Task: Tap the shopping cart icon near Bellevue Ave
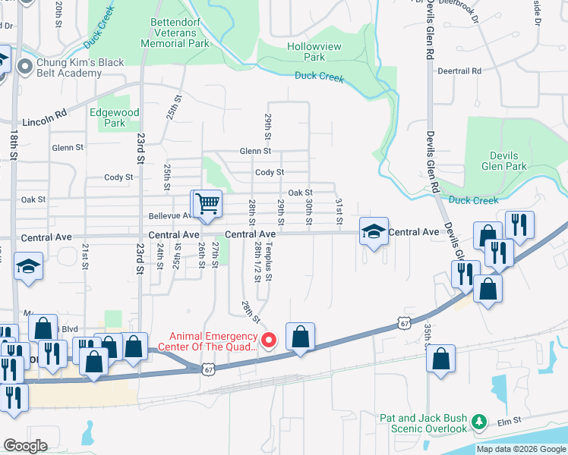point(207,203)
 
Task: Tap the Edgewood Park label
point(114,118)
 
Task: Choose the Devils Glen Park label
point(503,161)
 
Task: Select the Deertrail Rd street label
point(460,71)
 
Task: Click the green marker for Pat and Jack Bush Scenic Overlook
point(478,421)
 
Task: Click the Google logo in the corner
point(25,446)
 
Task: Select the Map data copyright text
point(522,449)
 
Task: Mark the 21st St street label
point(85,256)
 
